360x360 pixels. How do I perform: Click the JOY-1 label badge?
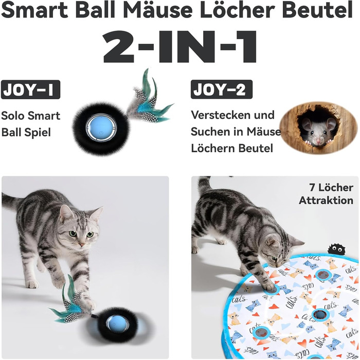pyautogui.click(x=30, y=89)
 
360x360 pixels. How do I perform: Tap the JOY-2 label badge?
pyautogui.click(x=222, y=89)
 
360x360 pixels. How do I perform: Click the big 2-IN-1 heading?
pyautogui.click(x=179, y=47)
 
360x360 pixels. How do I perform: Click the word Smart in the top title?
pyautogui.click(x=34, y=10)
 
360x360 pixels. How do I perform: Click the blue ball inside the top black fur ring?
pyautogui.click(x=101, y=128)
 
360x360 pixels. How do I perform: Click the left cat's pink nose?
pyautogui.click(x=82, y=244)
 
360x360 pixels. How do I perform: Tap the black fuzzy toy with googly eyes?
pyautogui.click(x=336, y=249)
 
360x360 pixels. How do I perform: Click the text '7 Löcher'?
pyautogui.click(x=331, y=188)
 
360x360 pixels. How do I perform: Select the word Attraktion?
pyautogui.click(x=326, y=201)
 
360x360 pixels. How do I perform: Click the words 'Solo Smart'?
pyautogui.click(x=30, y=116)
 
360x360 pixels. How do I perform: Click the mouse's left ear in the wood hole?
pyautogui.click(x=306, y=124)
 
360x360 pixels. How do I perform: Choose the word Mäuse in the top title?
pyautogui.click(x=158, y=10)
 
